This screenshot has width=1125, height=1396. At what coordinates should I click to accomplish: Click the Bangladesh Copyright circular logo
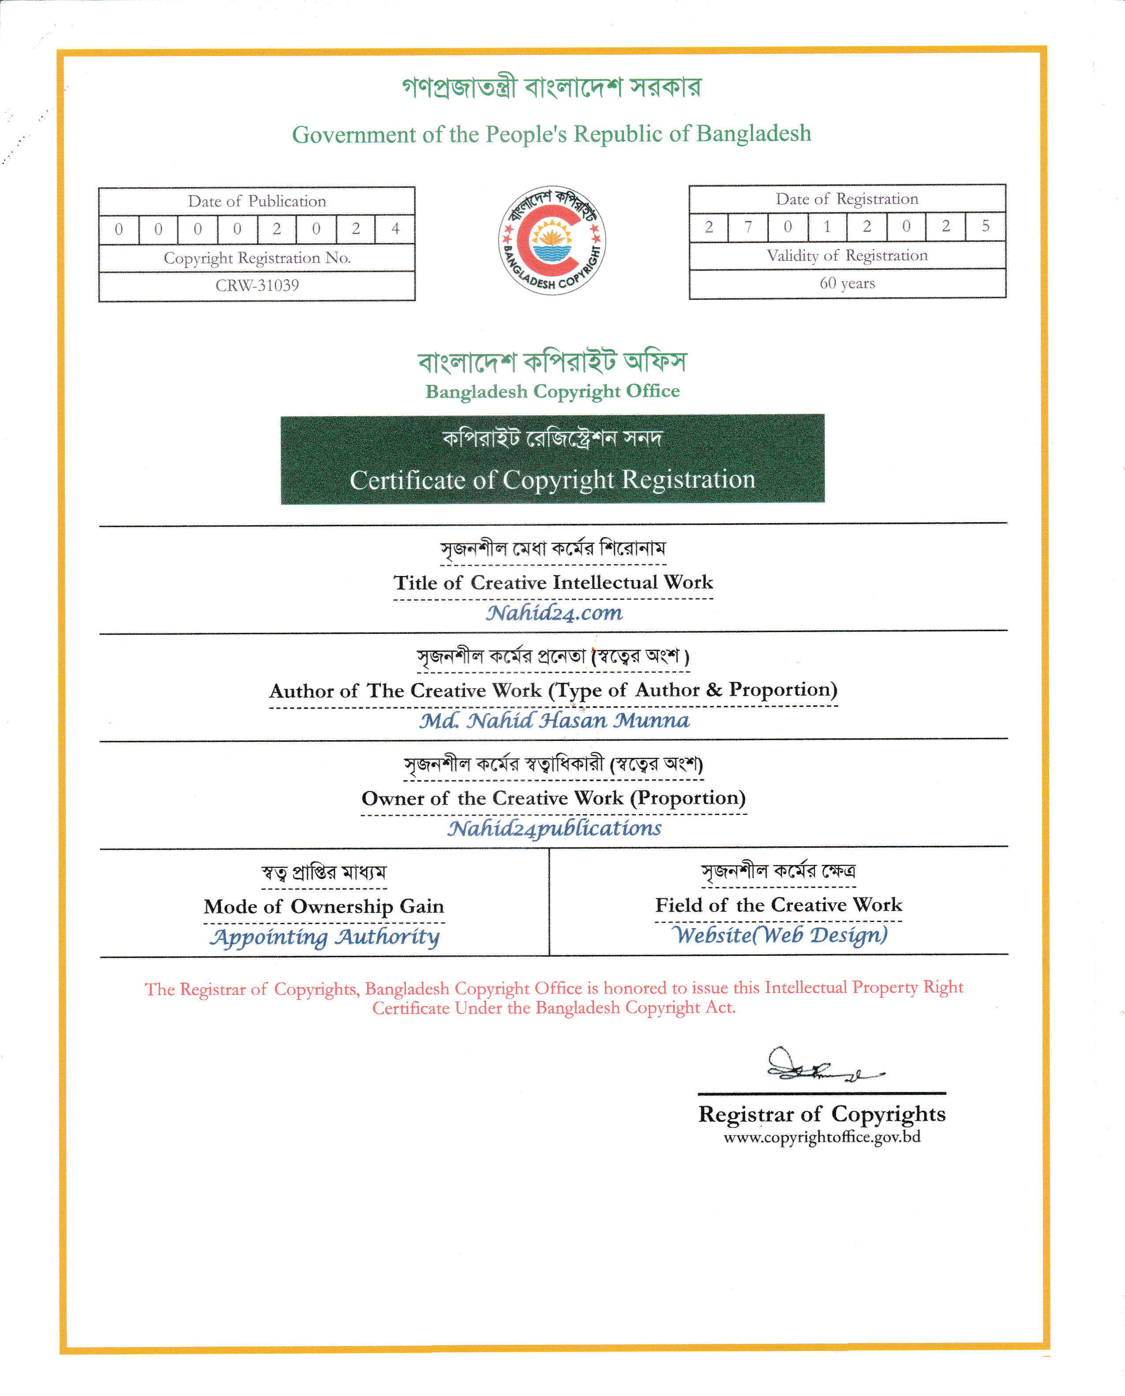(551, 240)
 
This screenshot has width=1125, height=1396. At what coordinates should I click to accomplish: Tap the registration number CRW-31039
(257, 286)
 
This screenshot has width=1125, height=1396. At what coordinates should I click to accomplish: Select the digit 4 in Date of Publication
(395, 228)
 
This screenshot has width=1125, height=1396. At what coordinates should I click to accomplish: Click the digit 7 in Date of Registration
(748, 227)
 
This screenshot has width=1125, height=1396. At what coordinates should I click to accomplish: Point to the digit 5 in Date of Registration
(985, 226)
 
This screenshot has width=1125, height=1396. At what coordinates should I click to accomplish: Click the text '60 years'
(847, 283)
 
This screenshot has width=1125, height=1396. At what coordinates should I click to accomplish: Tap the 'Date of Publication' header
(257, 202)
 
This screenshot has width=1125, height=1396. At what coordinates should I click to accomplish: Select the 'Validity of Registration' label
(847, 256)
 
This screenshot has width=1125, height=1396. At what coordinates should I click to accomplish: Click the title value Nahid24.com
(554, 613)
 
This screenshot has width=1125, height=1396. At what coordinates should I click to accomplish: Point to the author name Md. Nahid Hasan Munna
(554, 720)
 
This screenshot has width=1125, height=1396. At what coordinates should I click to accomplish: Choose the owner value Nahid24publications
(554, 828)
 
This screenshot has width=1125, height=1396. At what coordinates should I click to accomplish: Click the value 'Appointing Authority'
(325, 937)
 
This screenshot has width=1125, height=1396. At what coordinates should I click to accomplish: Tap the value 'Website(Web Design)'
(780, 935)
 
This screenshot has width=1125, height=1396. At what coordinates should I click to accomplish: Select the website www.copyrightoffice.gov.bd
(822, 1137)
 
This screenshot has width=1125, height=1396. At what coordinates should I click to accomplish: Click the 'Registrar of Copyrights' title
(822, 1114)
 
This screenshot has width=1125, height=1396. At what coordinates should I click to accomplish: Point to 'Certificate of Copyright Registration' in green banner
(552, 480)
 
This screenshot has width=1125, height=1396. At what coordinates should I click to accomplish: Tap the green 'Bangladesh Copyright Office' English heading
(552, 391)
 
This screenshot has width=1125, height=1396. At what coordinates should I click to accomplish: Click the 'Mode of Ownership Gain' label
(324, 906)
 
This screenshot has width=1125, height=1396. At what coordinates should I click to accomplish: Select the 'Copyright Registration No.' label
(257, 258)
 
